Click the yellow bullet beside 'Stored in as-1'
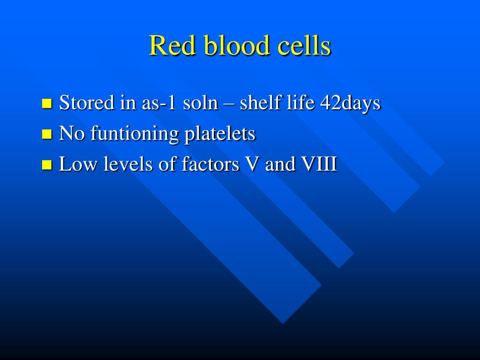[47, 103]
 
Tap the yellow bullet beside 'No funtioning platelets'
[47, 134]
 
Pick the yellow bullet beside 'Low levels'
[47, 165]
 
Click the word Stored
[87, 102]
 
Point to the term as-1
[159, 103]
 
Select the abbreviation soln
[201, 102]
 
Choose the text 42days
[351, 103]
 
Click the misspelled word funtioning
[135, 134]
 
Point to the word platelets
[220, 134]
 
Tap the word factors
[210, 164]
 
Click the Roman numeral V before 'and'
[253, 164]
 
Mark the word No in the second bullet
[72, 134]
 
